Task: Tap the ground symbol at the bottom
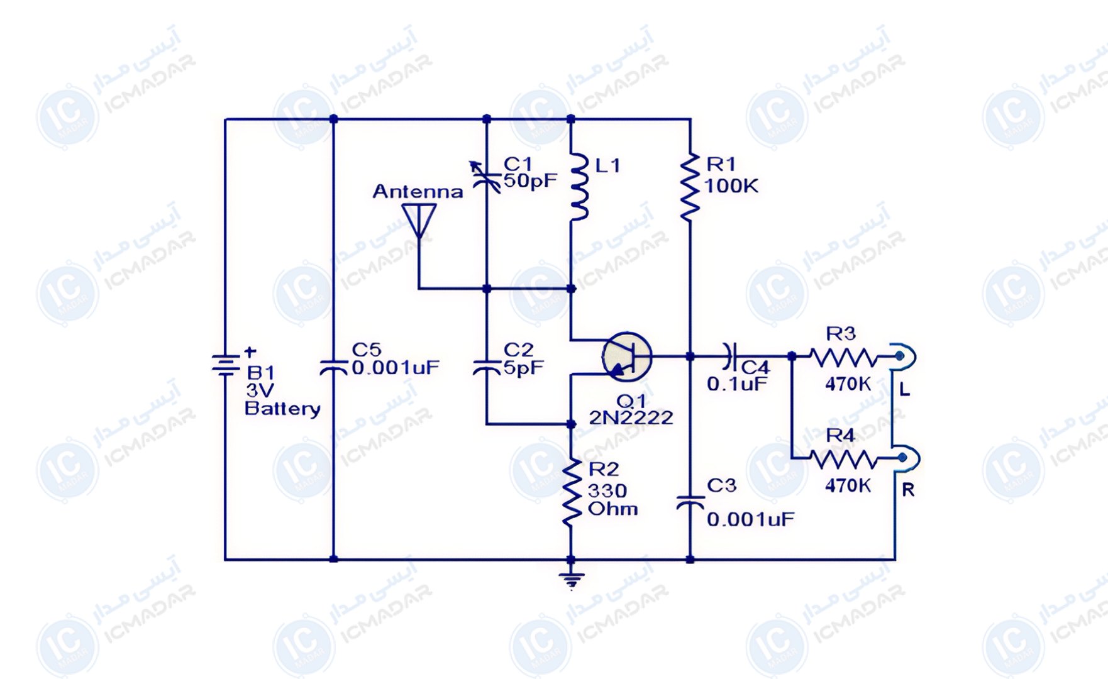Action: click(x=571, y=580)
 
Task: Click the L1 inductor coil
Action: click(x=579, y=186)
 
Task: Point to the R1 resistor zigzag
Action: click(x=690, y=187)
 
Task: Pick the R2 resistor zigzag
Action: click(x=572, y=492)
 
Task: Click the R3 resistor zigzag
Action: click(x=843, y=357)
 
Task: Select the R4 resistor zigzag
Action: click(x=843, y=460)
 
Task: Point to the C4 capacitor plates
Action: click(x=729, y=356)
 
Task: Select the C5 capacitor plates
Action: click(x=333, y=366)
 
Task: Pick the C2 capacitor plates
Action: click(x=486, y=366)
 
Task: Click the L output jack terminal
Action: click(x=903, y=356)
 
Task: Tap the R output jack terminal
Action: click(x=905, y=458)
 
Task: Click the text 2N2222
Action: click(x=631, y=417)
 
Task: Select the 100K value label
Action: click(x=731, y=186)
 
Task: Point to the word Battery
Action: click(x=282, y=409)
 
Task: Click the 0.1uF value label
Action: click(x=737, y=384)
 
